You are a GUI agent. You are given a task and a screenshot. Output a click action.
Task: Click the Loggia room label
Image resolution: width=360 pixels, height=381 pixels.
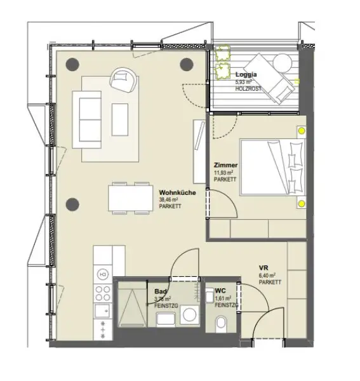(x=246, y=74)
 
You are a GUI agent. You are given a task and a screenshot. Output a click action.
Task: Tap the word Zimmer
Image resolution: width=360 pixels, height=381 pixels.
(x=225, y=164)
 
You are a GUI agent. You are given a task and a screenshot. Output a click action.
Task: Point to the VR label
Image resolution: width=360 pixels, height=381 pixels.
(x=263, y=267)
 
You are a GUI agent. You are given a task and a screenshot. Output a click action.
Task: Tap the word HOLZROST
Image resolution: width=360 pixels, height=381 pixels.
(x=248, y=89)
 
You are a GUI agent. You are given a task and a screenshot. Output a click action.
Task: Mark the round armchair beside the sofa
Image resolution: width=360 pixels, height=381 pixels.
(x=123, y=79)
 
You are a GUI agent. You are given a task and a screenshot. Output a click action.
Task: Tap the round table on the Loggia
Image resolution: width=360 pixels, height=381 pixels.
(x=281, y=62)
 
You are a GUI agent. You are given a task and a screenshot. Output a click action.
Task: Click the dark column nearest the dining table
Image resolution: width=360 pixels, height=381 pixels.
(x=72, y=204)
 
